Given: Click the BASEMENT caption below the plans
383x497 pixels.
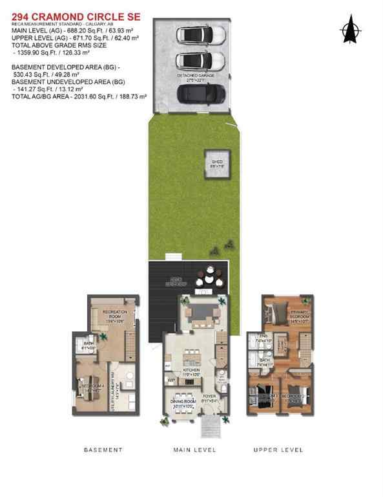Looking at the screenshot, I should [x=104, y=450].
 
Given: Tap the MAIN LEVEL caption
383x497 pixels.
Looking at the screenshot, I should [x=194, y=450].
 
